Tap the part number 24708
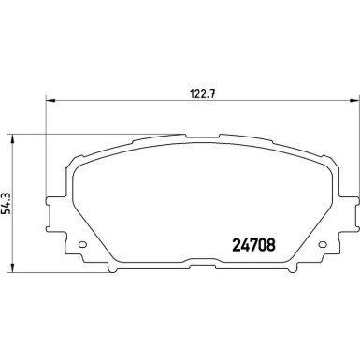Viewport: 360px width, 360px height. point(252,248)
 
